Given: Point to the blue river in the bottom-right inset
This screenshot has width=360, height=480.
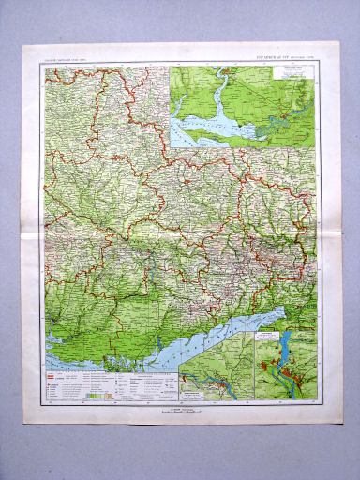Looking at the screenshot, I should click(282, 366).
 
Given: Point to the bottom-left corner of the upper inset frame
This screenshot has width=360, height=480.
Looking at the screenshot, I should click(172, 148).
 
